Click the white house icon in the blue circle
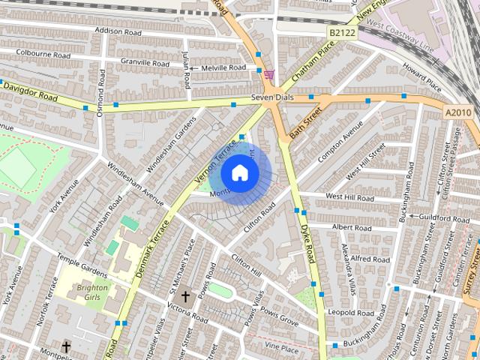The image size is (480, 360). [x=239, y=173]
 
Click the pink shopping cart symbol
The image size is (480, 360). [x=268, y=75]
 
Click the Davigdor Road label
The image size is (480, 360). [x=30, y=91]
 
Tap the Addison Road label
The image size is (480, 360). [x=118, y=31]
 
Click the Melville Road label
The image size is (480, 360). [x=222, y=67]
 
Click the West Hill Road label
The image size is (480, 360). [x=349, y=197]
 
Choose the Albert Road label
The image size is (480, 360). [x=352, y=227]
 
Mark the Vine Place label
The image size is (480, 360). [x=282, y=349]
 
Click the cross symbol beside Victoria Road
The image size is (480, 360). [x=185, y=297]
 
